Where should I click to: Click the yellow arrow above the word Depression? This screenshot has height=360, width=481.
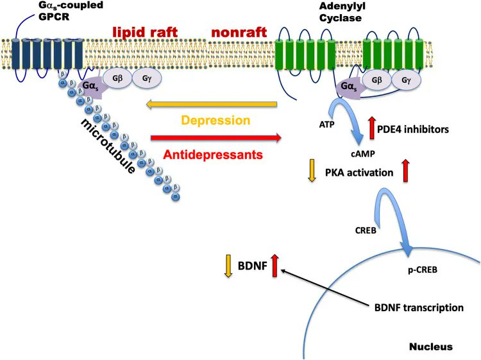point(212,105)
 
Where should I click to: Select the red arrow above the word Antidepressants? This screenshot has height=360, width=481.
point(216,138)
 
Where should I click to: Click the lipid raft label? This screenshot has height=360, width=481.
point(145,32)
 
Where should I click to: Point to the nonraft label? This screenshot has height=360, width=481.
point(239,32)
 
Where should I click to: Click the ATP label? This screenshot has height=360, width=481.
point(326,124)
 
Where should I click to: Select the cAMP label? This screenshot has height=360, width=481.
point(363,153)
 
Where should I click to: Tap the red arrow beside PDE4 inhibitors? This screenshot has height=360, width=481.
point(372,128)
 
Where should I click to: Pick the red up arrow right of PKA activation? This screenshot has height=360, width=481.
point(405,171)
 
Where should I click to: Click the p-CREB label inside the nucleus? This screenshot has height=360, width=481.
point(423,270)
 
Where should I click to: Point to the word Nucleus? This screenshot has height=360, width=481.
point(431,347)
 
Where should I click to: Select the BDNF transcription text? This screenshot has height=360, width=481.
point(419,307)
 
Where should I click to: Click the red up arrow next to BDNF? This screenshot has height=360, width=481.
point(275,266)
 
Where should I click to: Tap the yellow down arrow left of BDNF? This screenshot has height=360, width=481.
point(228,266)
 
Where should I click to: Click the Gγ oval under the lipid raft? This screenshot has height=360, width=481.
point(147,78)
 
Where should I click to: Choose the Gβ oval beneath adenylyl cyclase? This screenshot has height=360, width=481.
point(376,80)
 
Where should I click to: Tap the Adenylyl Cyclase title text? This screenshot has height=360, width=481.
point(340,12)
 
